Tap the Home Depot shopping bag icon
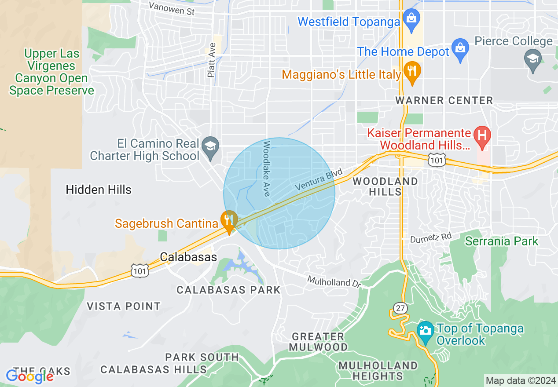point(460,51)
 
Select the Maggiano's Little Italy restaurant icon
point(412,73)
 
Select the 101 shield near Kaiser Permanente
point(437,161)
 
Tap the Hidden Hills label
point(99,190)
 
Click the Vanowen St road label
point(172,8)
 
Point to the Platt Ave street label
point(212,60)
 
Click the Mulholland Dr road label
point(334,282)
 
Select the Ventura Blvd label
point(319,180)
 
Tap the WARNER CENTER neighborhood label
point(444,101)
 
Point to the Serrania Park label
point(502,241)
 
